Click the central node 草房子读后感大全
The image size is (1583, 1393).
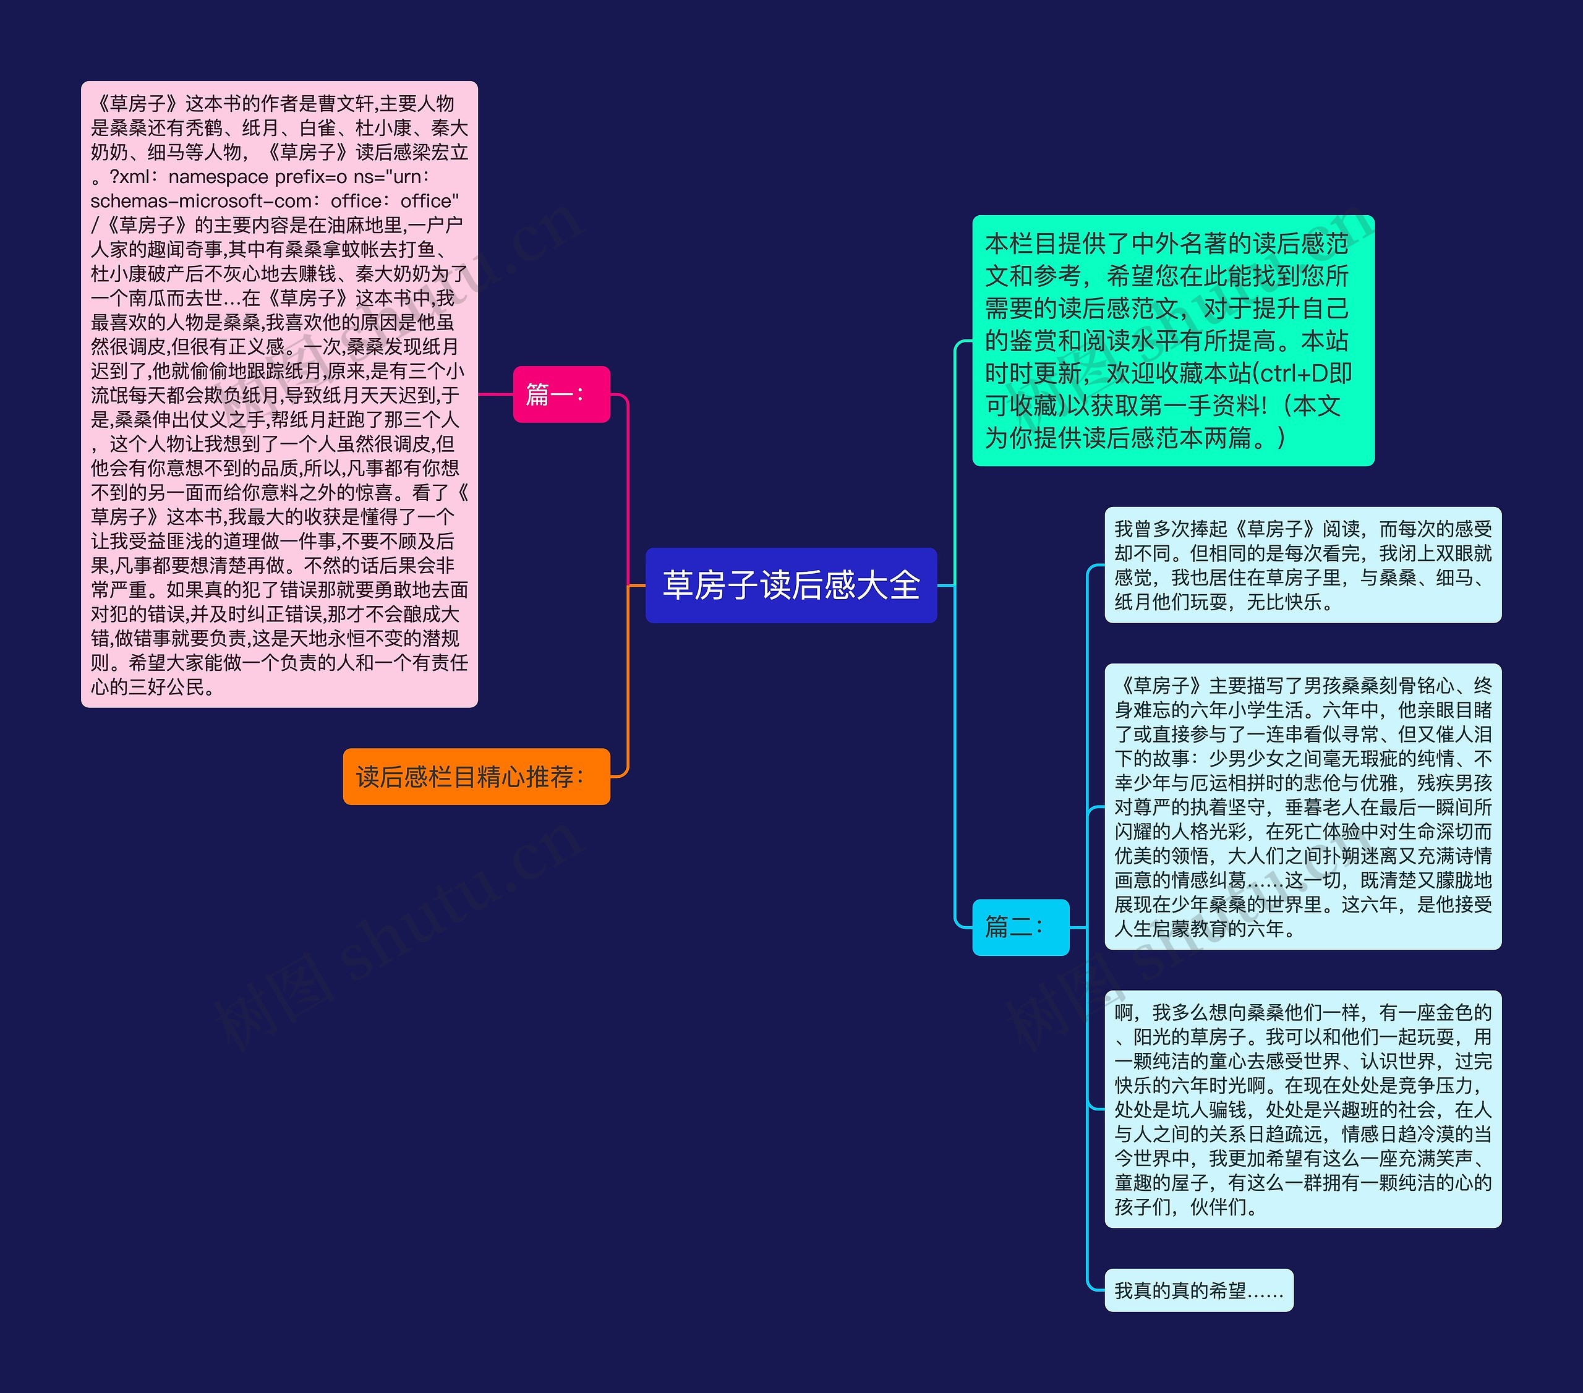point(791,586)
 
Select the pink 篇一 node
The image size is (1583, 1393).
point(561,394)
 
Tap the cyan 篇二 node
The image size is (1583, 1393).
point(1020,927)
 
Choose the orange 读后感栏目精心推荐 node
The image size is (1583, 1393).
point(476,776)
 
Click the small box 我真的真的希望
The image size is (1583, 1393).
point(1198,1290)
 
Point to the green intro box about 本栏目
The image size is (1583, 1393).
point(1172,341)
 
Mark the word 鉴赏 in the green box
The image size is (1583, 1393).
point(1033,341)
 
